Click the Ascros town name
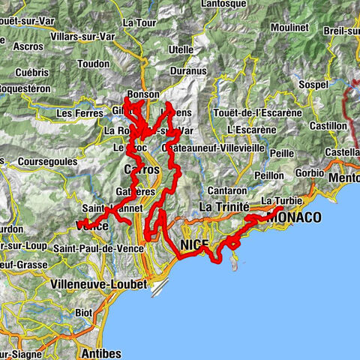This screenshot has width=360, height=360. click(x=28, y=46)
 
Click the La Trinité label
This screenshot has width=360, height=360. click(x=222, y=206)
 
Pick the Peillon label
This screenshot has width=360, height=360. click(x=268, y=174)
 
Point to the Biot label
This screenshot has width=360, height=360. click(x=83, y=312)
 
